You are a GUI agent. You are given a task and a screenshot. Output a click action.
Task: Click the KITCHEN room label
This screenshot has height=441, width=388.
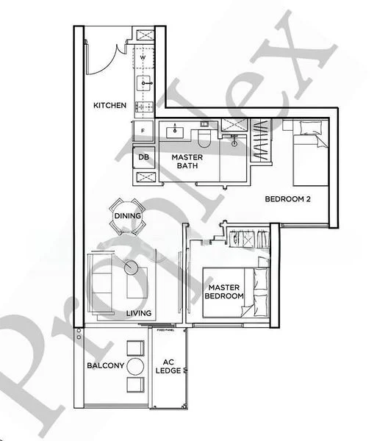click(109, 106)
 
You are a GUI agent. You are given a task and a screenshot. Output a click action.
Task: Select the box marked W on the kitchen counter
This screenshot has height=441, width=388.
click(143, 57)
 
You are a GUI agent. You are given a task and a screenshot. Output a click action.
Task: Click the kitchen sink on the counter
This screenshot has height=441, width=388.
click(143, 80)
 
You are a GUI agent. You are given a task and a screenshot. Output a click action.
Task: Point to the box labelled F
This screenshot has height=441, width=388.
click(143, 130)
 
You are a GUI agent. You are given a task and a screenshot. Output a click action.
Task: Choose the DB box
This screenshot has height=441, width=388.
click(142, 157)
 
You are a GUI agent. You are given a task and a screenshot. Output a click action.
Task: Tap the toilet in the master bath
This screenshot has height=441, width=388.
click(204, 136)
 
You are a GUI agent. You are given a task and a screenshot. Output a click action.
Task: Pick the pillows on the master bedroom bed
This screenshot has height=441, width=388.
click(261, 290)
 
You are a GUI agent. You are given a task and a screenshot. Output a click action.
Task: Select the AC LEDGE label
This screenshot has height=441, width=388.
click(170, 365)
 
